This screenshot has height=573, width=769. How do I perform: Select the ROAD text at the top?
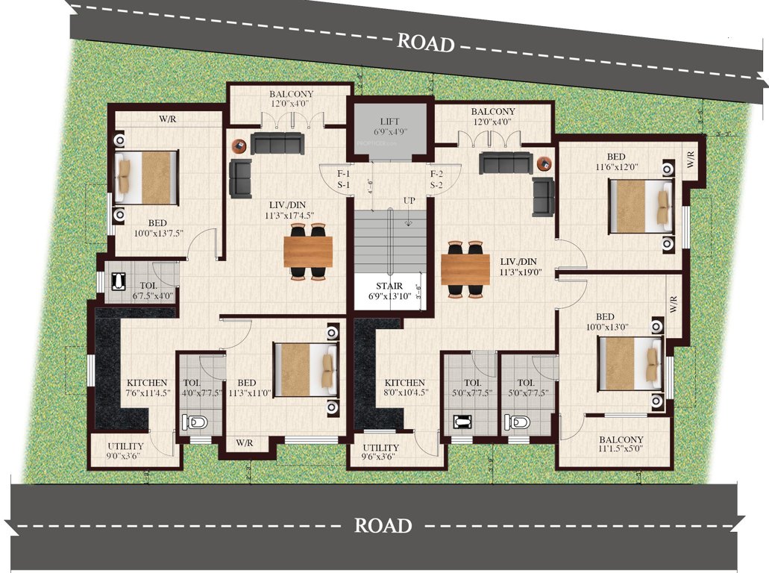[x=425, y=42]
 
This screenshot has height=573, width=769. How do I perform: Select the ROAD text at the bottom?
[x=382, y=525]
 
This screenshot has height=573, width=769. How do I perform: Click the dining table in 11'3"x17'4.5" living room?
[x=308, y=251]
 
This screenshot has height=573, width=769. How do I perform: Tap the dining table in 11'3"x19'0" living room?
[x=465, y=269]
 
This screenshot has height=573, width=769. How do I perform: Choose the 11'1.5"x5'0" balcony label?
[x=621, y=445]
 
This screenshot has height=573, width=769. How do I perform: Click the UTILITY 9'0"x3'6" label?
[x=125, y=451]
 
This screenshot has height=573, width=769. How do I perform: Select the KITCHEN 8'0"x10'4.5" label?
[x=405, y=387]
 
